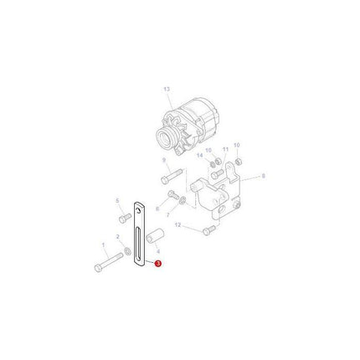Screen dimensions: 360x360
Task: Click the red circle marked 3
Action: pos(156,263)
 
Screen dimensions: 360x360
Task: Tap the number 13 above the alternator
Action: pos(167,89)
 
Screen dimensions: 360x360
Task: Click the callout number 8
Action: pos(264,177)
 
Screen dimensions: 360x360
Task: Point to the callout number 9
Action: pos(164,160)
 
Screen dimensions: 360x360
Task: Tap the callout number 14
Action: pos(199,155)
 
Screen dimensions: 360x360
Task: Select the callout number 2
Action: pos(118,237)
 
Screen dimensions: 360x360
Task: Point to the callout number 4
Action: pos(157,249)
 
